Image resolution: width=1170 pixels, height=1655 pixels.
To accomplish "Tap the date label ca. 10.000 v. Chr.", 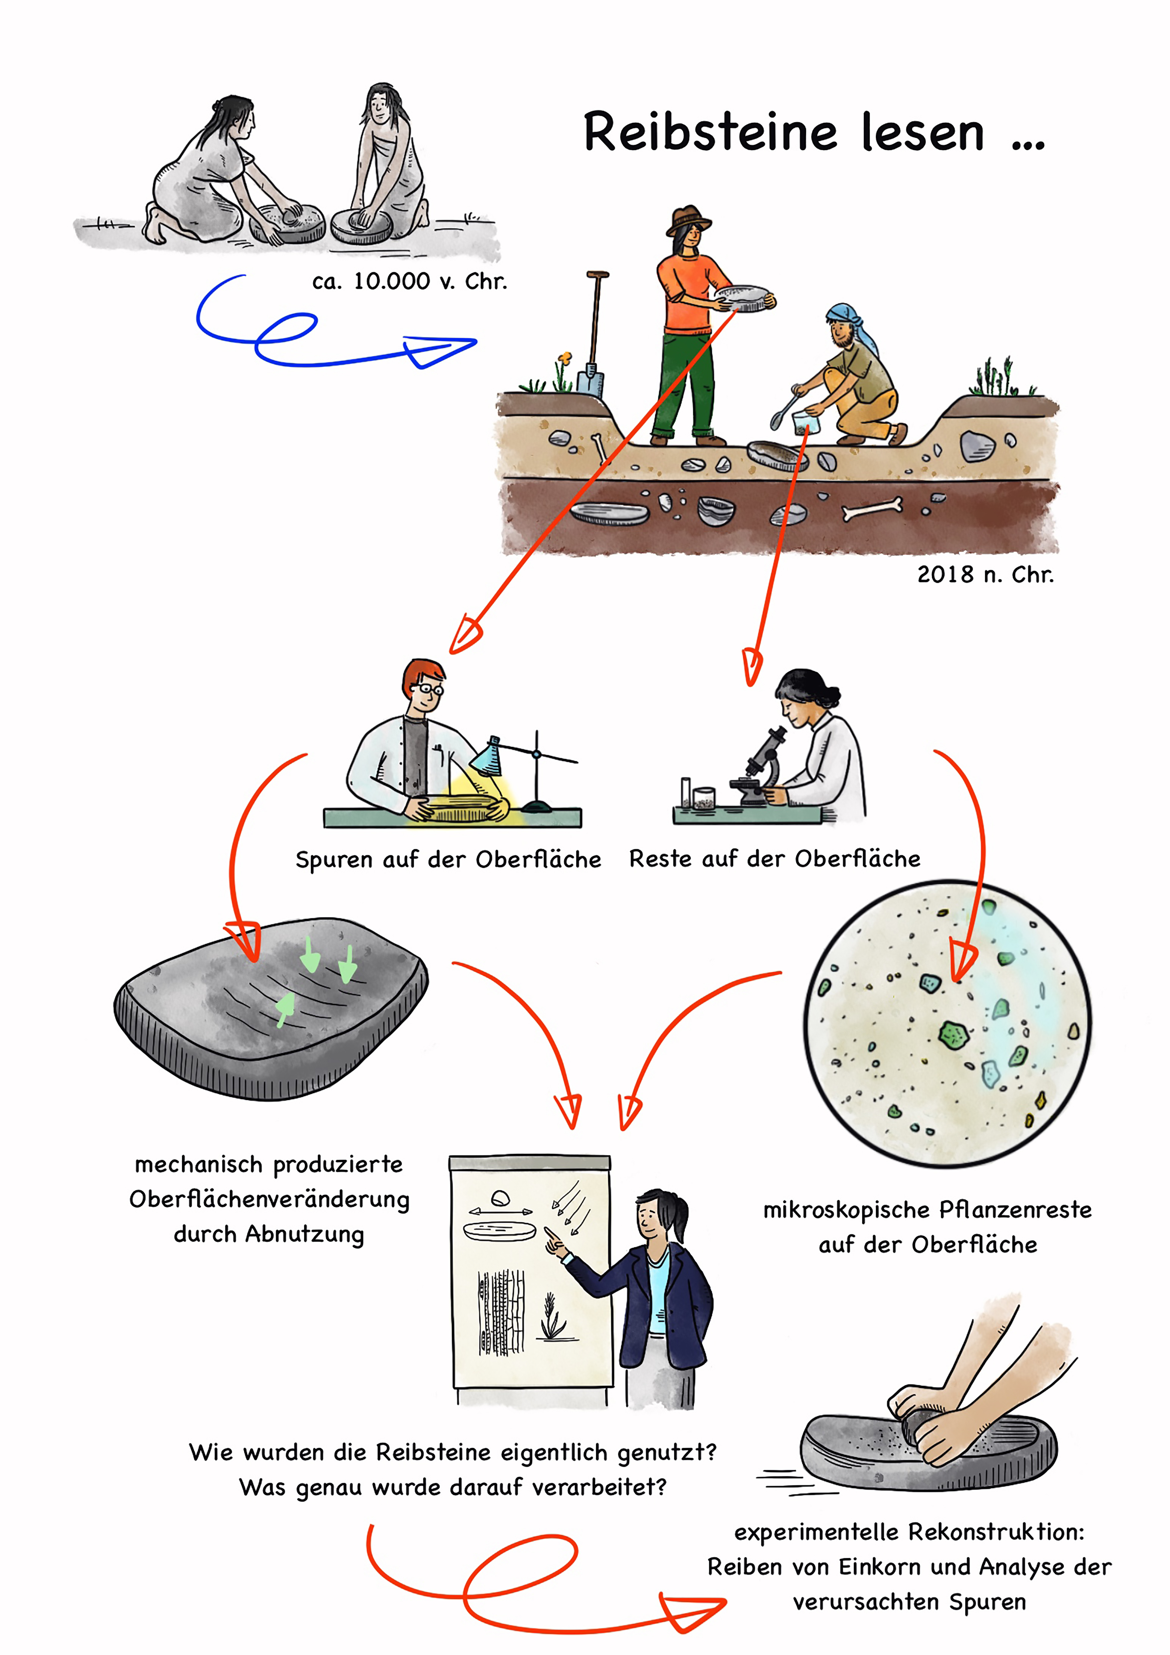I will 409,281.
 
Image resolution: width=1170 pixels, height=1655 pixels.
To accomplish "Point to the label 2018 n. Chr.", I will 985,574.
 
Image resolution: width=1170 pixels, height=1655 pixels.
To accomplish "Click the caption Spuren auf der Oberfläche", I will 448,859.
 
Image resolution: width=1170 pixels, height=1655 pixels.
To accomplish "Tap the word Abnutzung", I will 304,1234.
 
